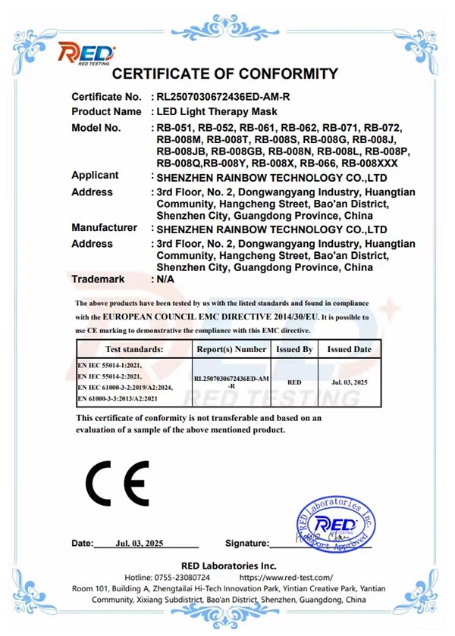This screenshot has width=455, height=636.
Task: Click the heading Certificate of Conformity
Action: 224,74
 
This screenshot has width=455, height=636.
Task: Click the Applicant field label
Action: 95,176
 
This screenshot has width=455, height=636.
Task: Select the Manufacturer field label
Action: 104,228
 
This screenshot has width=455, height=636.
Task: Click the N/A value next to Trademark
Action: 165,279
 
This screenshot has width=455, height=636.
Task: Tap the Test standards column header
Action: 133,350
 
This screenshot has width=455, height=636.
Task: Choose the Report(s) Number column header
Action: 231,350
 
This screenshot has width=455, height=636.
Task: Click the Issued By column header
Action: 295,350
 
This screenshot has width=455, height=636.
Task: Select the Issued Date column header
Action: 349,350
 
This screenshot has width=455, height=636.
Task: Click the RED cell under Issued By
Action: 295,382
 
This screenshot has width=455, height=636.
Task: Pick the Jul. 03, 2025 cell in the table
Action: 349,382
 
